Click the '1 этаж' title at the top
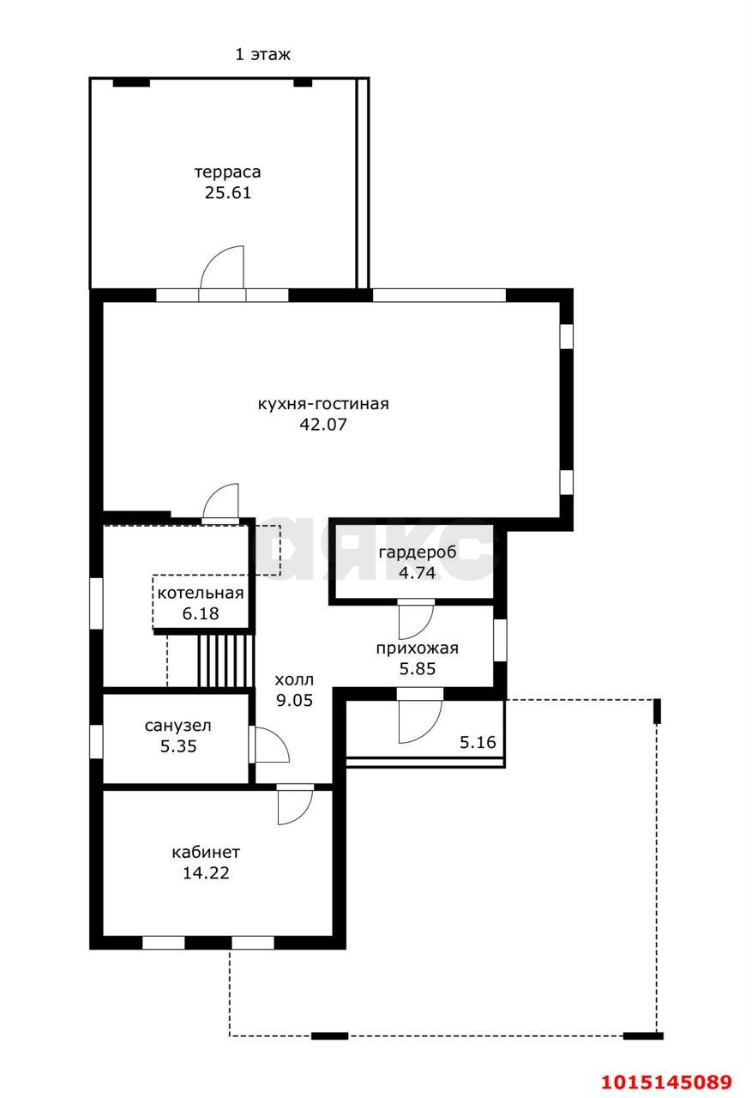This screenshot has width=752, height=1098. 262,54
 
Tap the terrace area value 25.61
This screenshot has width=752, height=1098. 228,193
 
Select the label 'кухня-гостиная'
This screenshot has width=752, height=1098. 323,404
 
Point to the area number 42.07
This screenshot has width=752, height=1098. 323,424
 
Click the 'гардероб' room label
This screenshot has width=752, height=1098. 418,552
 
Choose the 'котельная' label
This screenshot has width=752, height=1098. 201,593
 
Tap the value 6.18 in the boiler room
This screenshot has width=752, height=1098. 201,613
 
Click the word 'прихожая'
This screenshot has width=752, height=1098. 418,649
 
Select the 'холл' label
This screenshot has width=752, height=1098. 294,680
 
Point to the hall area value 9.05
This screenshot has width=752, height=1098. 294,700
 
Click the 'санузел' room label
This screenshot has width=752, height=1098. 177,726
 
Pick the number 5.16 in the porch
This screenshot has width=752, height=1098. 478,742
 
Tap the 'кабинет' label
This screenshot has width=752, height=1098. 206,853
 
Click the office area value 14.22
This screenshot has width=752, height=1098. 206,872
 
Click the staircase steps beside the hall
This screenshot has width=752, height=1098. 226,661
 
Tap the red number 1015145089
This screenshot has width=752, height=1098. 667,1082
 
